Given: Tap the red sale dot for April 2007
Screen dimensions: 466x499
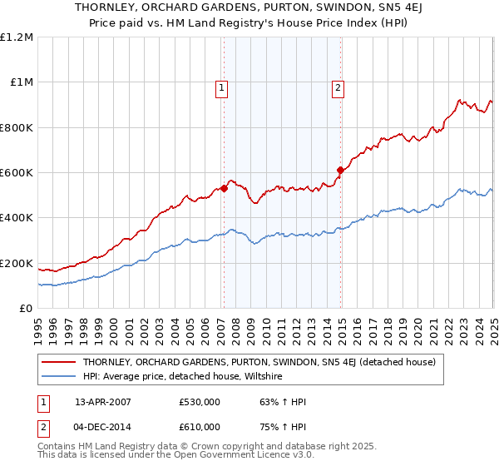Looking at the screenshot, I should [224, 189].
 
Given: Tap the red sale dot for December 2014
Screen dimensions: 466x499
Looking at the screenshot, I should [340, 171].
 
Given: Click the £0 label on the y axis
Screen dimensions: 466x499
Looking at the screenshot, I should [26, 309].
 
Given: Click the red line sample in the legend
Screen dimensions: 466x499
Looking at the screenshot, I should [58, 362].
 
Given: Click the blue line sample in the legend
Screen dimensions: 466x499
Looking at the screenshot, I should [58, 377].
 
